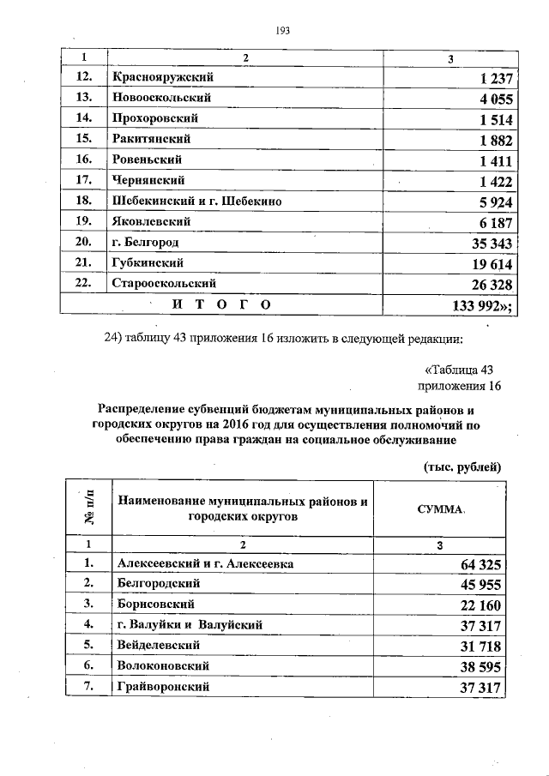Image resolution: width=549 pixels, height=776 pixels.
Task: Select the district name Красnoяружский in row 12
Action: coord(162,77)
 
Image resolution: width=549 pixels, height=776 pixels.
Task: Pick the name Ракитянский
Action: coord(151,139)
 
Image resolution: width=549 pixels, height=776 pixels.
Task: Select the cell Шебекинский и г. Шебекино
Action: coord(196,201)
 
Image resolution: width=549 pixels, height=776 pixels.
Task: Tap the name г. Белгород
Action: coord(145,243)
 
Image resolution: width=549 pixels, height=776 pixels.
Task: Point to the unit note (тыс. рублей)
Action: coord(462,466)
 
